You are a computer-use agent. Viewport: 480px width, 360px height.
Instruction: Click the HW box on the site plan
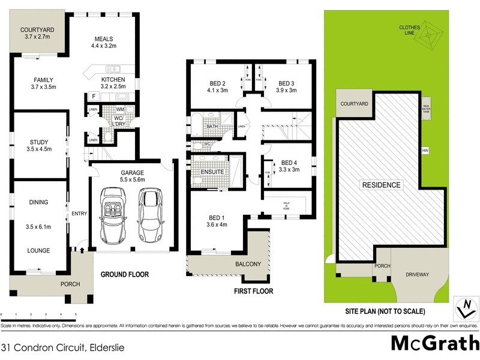coord(425,150)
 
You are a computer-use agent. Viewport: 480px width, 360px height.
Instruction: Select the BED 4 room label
coord(289,163)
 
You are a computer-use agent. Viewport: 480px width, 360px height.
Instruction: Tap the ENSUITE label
coord(212,172)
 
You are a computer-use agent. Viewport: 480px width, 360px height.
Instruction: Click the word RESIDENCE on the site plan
coord(380,185)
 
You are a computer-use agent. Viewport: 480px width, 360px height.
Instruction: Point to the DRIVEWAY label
coord(418,274)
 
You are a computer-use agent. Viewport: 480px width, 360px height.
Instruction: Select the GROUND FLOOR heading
coord(125,274)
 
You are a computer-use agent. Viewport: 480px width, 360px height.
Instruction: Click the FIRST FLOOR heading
coord(254,291)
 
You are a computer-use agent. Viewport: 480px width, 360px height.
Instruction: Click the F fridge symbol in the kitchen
coord(94,96)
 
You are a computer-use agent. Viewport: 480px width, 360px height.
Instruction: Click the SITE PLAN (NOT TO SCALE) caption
coord(385,311)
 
